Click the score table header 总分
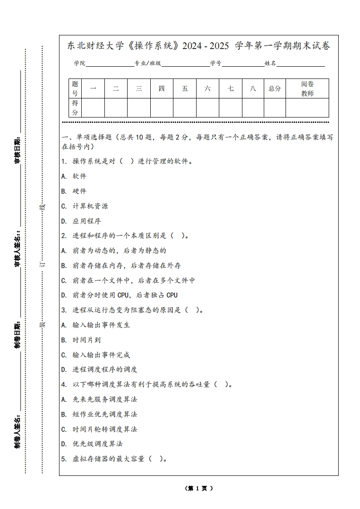point(275,88)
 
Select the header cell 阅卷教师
point(307,88)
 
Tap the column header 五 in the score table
point(185,88)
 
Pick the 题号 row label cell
point(75,88)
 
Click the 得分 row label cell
point(75,108)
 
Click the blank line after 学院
point(109,64)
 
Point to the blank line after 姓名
point(301,64)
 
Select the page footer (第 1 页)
point(199,489)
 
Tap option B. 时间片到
point(81,340)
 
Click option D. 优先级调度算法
point(92,444)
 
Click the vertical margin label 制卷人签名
point(17,430)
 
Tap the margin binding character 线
point(43,207)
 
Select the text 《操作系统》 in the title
point(154,46)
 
